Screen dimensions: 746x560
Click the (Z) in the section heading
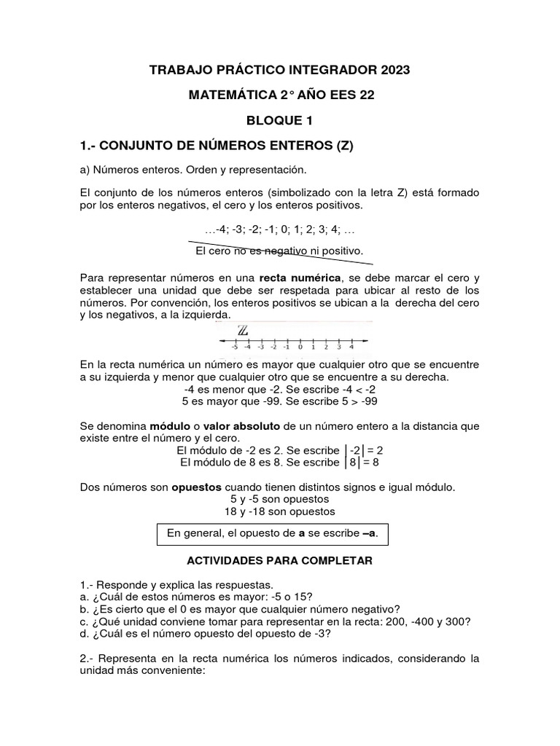pos(343,145)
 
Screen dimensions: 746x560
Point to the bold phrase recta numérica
pos(297,278)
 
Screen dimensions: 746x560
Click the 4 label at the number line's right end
pos(351,348)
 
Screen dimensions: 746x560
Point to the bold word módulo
pos(174,425)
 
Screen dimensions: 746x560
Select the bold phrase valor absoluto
pos(241,425)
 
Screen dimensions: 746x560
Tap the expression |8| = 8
pos(362,462)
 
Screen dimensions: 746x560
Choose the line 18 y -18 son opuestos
pos(279,511)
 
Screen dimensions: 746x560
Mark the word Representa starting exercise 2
pos(129,659)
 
